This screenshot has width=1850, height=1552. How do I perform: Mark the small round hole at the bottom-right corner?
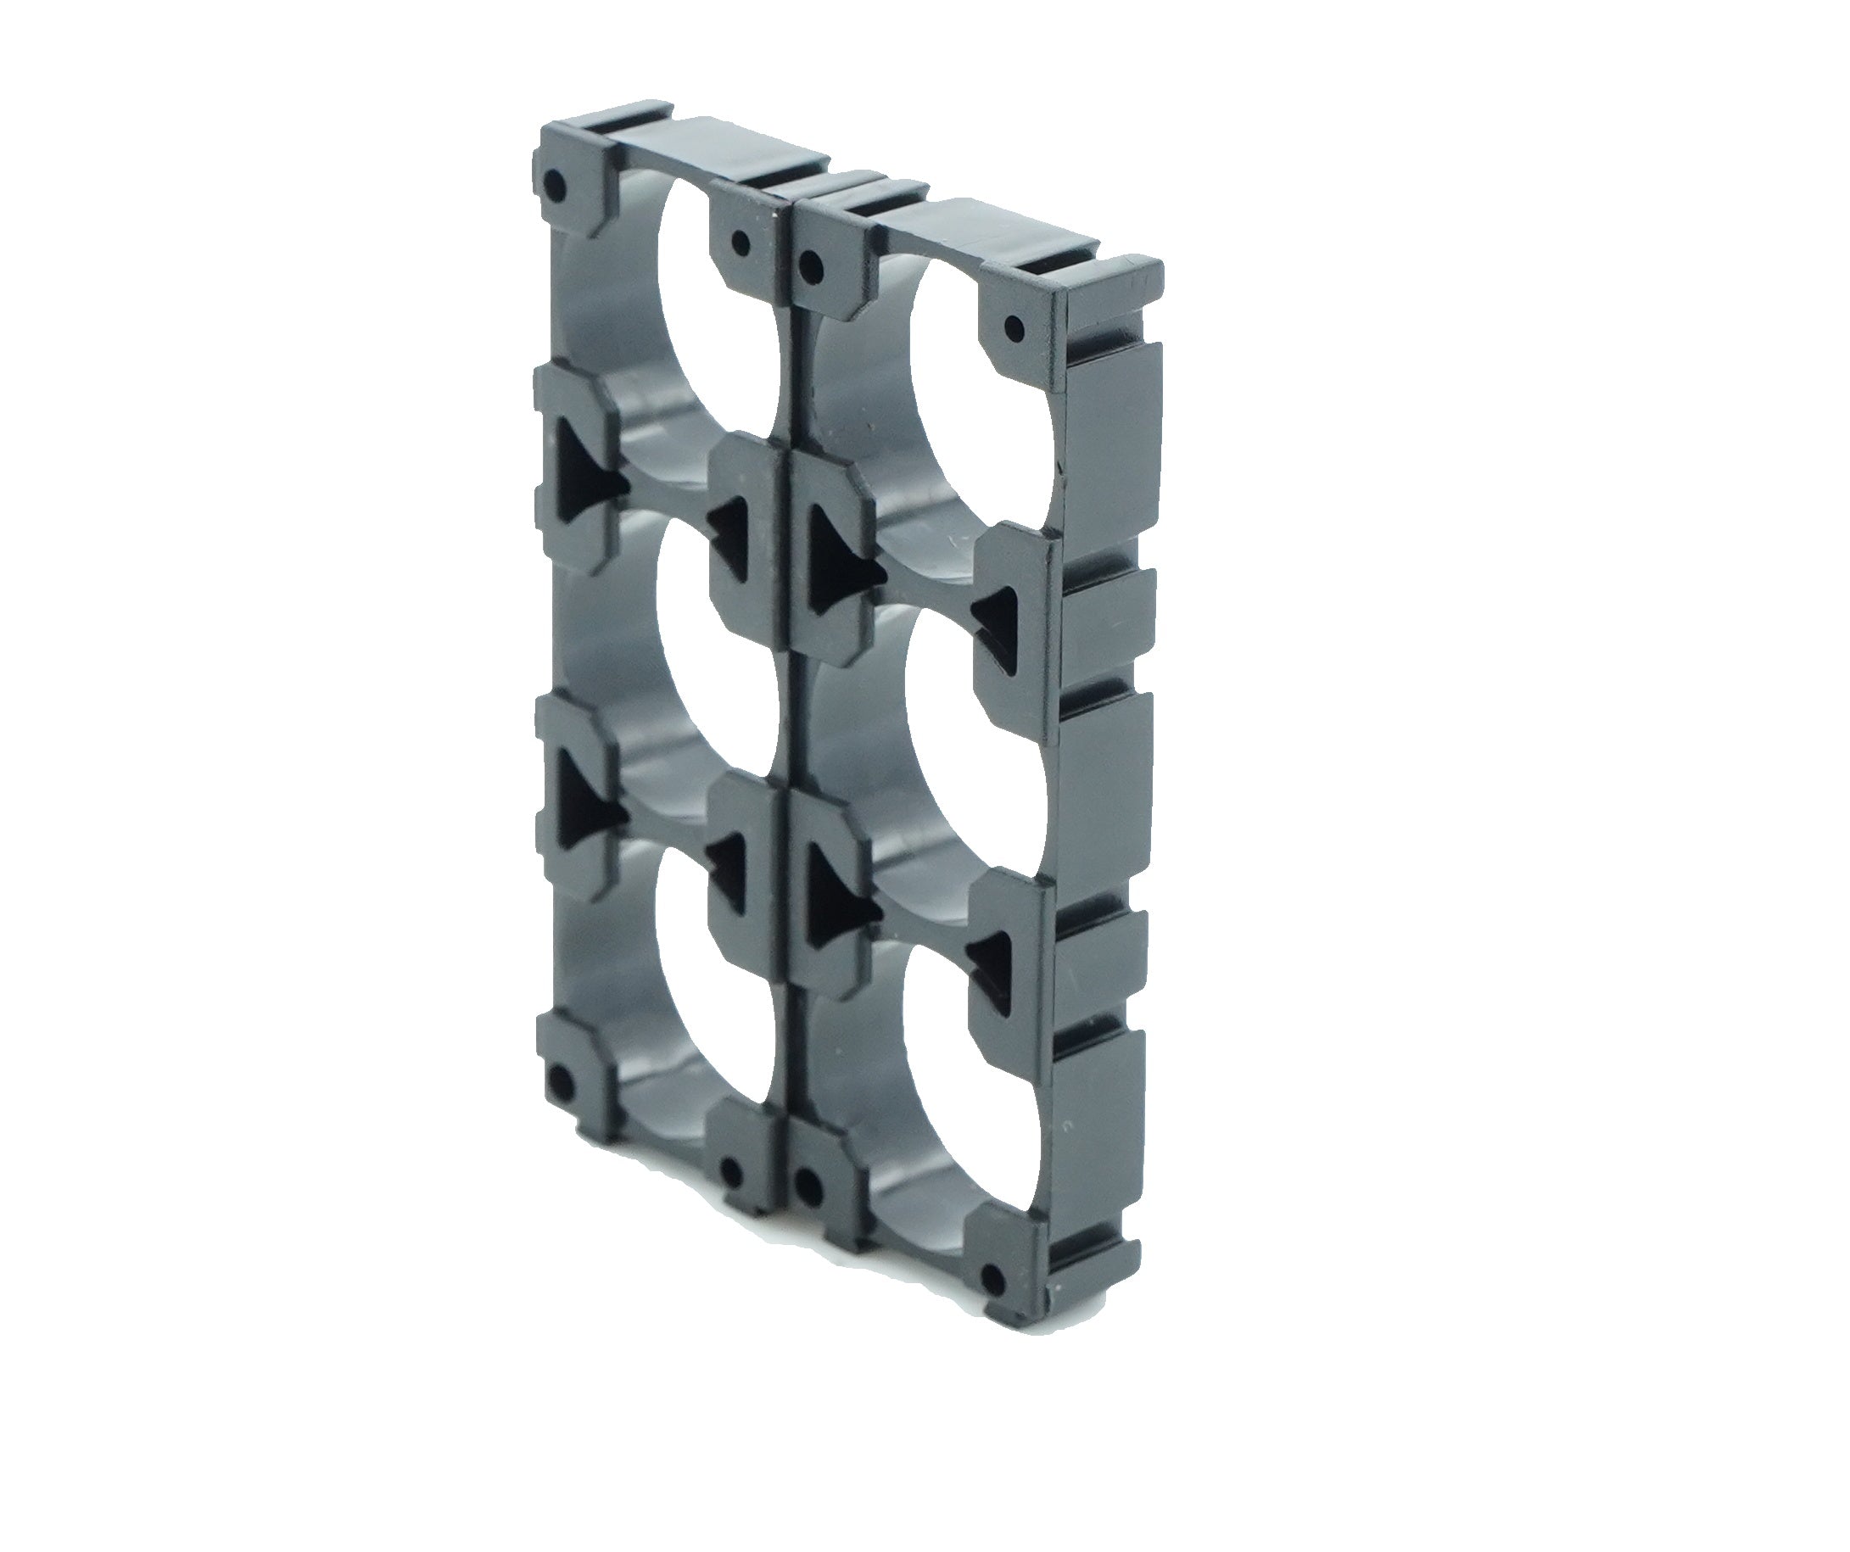tap(994, 1277)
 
